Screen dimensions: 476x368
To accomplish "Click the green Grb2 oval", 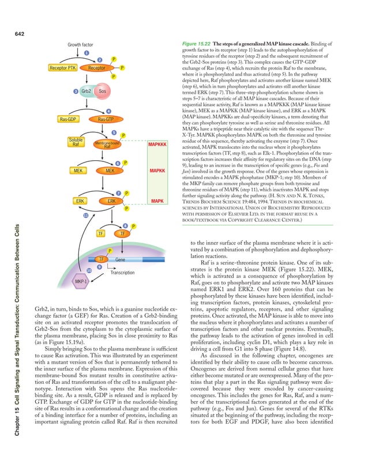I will pos(87,91).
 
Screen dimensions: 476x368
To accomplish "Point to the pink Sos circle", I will pos(103,91).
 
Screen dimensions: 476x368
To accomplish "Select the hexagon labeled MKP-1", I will pos(81,282).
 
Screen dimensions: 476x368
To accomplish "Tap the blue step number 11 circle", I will pos(85,216).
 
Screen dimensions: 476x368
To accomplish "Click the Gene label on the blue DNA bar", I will pos(121,260).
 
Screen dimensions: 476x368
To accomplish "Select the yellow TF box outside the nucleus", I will pos(100,233).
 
